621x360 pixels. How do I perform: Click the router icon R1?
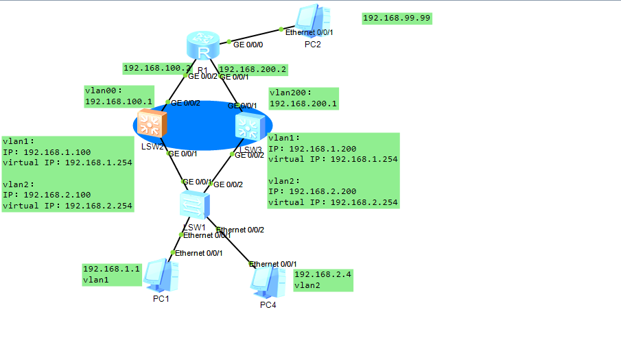click(x=202, y=45)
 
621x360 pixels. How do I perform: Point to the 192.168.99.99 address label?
click(x=397, y=18)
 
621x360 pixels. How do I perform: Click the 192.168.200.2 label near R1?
click(x=253, y=69)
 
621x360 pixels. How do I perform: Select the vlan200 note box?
click(x=303, y=98)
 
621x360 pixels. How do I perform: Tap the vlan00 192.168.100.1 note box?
click(x=119, y=96)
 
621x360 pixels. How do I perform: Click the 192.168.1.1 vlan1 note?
click(x=111, y=274)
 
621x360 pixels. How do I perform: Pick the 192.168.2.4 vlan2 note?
click(x=323, y=279)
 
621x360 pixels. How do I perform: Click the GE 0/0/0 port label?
click(x=248, y=44)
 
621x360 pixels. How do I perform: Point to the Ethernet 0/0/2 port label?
click(x=240, y=230)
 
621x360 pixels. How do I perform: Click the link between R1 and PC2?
click(x=254, y=35)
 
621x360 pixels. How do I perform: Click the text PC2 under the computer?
click(x=313, y=45)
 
